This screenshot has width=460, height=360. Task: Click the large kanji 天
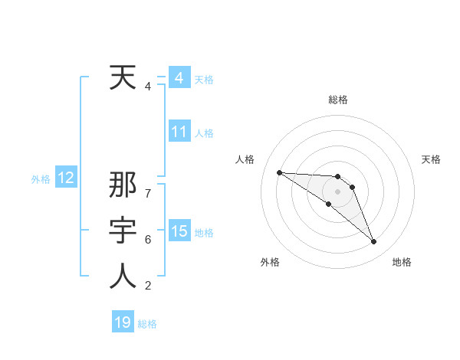tap(123, 78)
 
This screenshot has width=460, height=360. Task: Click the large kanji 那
tap(123, 187)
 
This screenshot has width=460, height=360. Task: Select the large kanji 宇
tap(123, 231)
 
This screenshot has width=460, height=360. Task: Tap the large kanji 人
tap(123, 276)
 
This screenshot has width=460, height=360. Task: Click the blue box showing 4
tap(179, 78)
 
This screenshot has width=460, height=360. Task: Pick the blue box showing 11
tap(179, 132)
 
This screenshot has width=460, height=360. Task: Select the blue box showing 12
tap(66, 178)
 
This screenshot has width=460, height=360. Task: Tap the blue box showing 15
tap(179, 231)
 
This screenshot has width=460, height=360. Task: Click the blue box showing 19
tap(123, 322)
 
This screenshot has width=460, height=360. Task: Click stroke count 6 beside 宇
tap(147, 239)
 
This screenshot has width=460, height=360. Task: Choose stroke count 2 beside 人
tap(147, 286)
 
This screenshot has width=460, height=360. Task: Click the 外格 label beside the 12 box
tap(41, 179)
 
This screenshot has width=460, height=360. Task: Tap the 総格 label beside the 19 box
tap(147, 324)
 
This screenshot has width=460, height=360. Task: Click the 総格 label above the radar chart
tap(337, 100)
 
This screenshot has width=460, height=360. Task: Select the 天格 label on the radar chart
tap(432, 159)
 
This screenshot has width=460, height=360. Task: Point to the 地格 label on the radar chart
tap(402, 262)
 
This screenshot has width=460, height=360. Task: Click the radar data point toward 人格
tap(279, 172)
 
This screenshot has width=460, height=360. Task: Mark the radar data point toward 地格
tap(374, 242)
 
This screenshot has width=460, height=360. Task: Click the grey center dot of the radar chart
tap(337, 191)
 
